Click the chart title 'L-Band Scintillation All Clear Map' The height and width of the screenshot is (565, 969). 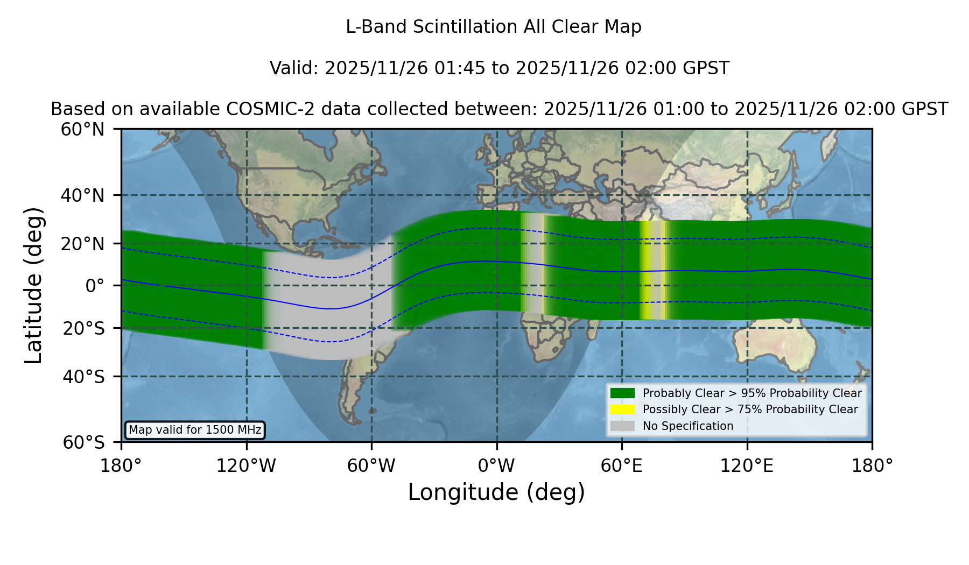[493, 27]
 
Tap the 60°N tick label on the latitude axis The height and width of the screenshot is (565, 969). [83, 130]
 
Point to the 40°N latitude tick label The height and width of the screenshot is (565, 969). [83, 195]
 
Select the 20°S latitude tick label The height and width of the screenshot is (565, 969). [84, 328]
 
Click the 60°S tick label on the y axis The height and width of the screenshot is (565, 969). [84, 442]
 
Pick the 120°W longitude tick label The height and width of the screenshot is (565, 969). [246, 465]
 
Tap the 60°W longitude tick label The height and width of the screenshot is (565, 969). [371, 465]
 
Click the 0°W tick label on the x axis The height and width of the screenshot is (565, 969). [497, 465]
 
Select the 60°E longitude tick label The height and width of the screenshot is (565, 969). [622, 465]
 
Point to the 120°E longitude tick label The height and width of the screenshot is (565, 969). [747, 465]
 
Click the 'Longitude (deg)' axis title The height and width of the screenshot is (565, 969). [496, 492]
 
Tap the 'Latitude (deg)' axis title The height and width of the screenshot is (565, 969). [33, 285]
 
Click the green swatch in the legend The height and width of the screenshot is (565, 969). [622, 393]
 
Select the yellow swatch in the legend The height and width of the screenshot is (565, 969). [622, 409]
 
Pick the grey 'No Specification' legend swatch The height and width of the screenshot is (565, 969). [622, 426]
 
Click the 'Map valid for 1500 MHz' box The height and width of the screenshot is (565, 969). [195, 430]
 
